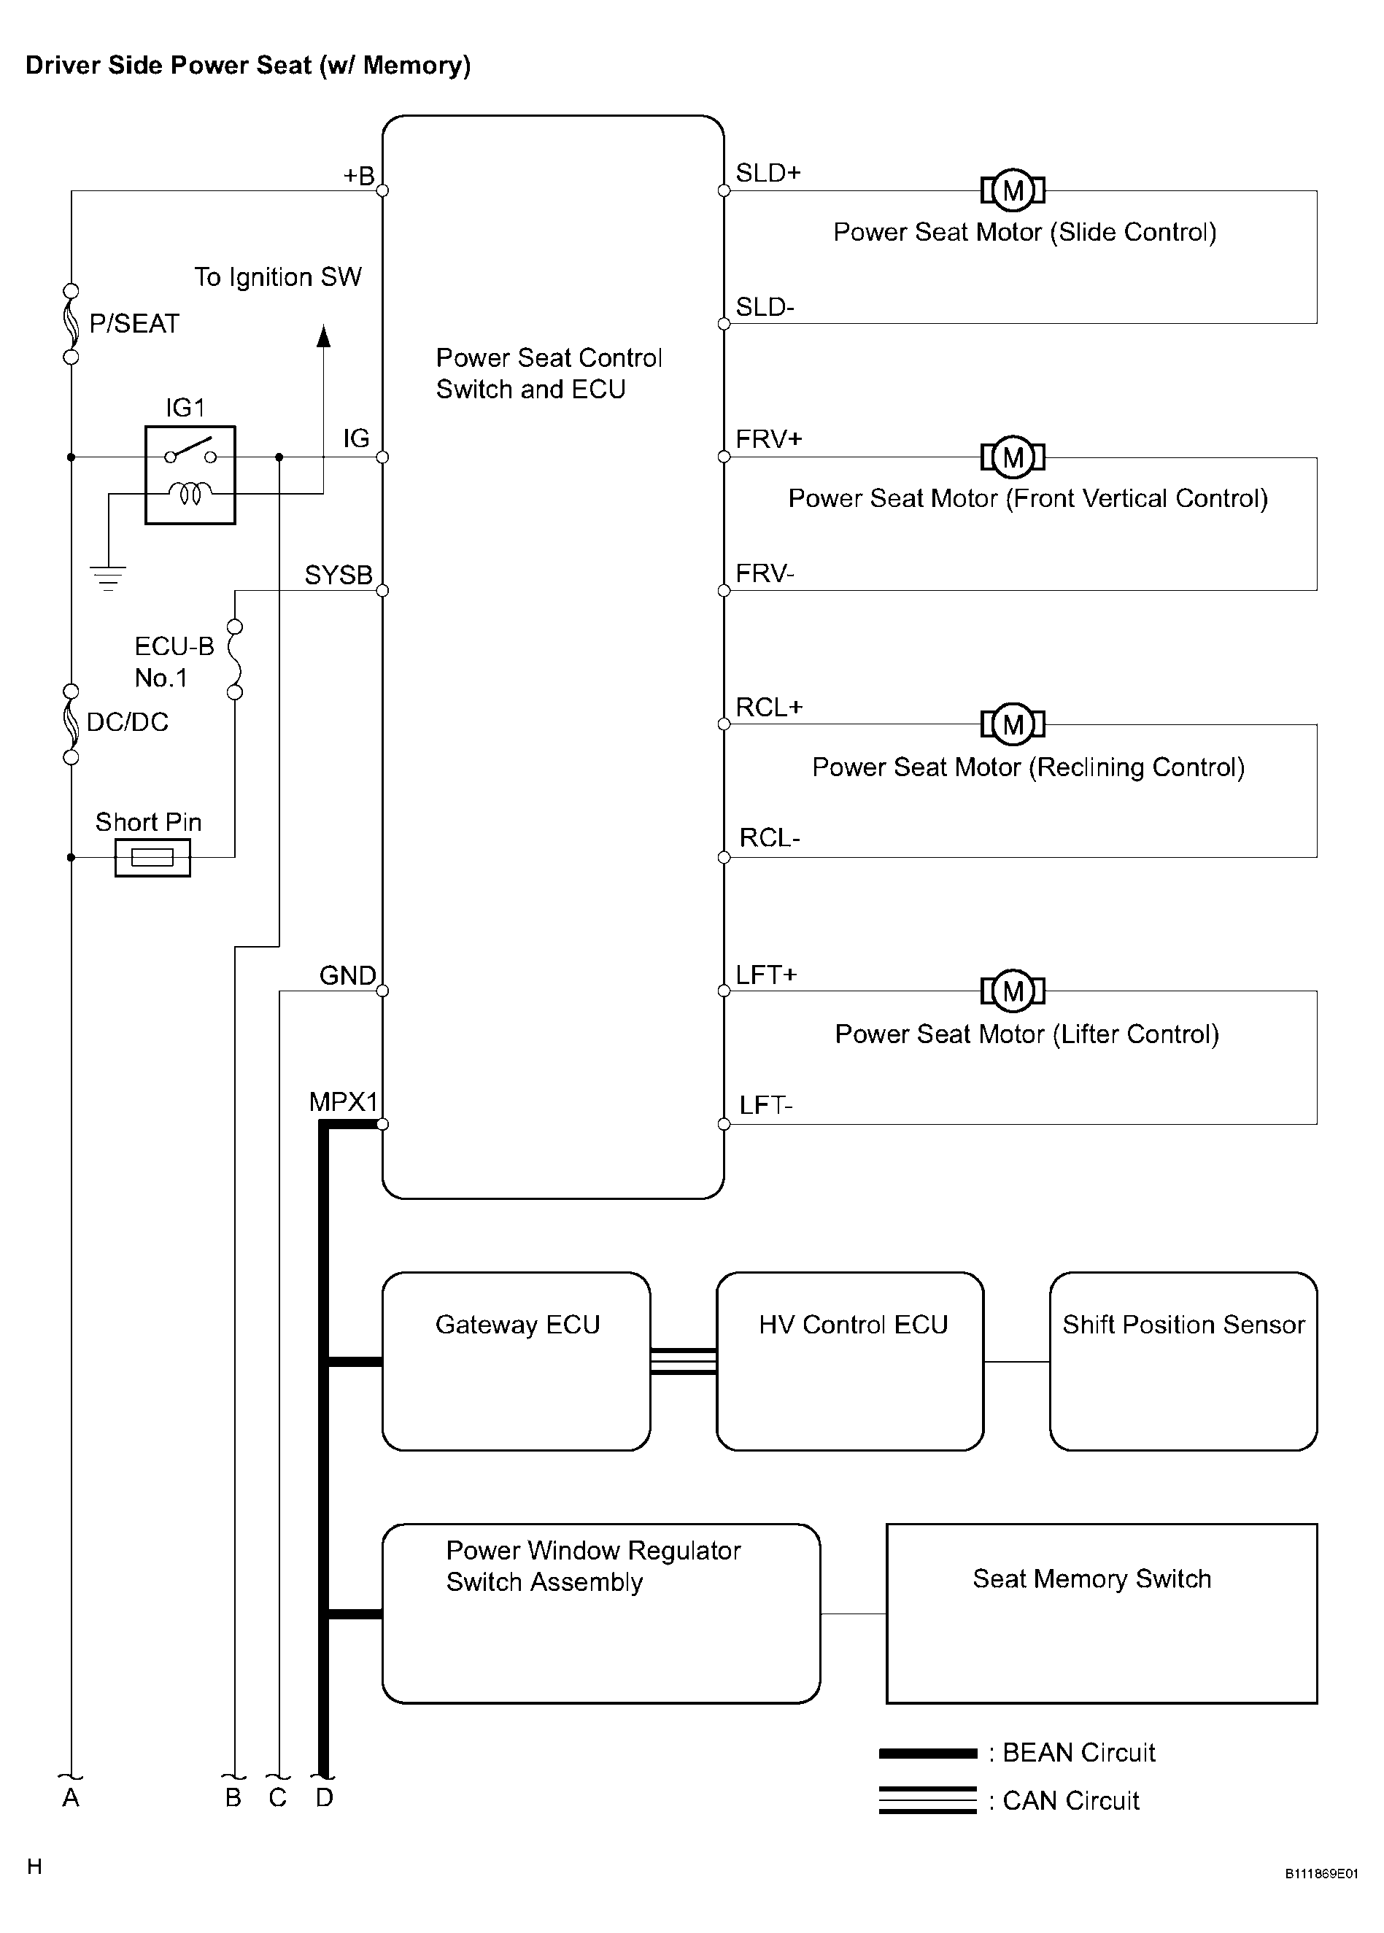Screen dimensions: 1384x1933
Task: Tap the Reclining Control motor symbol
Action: tap(1013, 724)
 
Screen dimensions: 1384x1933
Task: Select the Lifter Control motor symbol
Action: tap(1013, 991)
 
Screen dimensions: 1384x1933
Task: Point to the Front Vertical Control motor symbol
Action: tap(1013, 457)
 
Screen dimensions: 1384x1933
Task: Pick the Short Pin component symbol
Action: tap(152, 857)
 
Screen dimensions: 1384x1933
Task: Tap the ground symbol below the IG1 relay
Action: tap(108, 578)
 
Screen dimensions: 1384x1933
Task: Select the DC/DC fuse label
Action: tap(128, 721)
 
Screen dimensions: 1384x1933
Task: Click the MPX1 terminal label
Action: tap(344, 1101)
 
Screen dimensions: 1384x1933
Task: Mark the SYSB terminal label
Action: tap(339, 575)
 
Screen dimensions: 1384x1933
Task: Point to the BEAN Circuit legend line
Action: tap(928, 1754)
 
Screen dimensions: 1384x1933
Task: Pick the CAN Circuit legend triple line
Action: tap(928, 1800)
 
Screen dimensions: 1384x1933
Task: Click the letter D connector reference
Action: tap(325, 1797)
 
